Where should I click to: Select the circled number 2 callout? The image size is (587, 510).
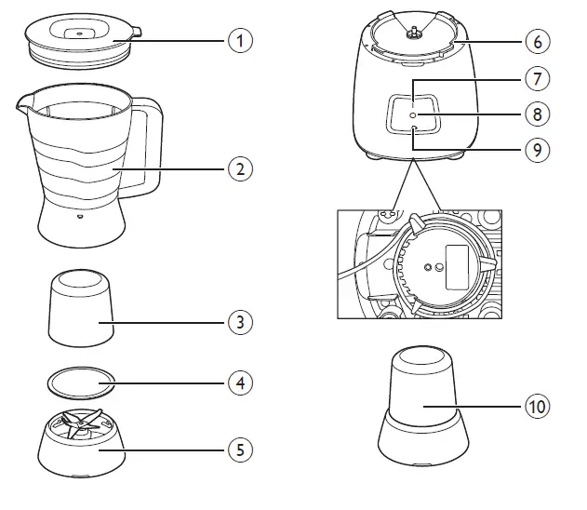click(x=240, y=169)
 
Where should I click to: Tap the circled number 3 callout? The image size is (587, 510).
click(x=240, y=322)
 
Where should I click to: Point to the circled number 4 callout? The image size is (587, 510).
click(x=240, y=382)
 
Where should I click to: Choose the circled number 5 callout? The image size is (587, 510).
click(x=240, y=450)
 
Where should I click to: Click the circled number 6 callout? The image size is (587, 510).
click(x=537, y=41)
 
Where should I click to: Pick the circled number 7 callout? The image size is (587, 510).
click(x=537, y=78)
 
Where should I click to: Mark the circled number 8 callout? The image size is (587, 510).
click(x=537, y=114)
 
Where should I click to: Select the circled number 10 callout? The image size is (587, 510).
click(x=537, y=406)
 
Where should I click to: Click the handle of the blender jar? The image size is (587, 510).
click(x=148, y=149)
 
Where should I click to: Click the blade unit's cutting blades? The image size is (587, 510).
click(x=81, y=423)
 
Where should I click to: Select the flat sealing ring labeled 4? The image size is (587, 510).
click(x=80, y=381)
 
